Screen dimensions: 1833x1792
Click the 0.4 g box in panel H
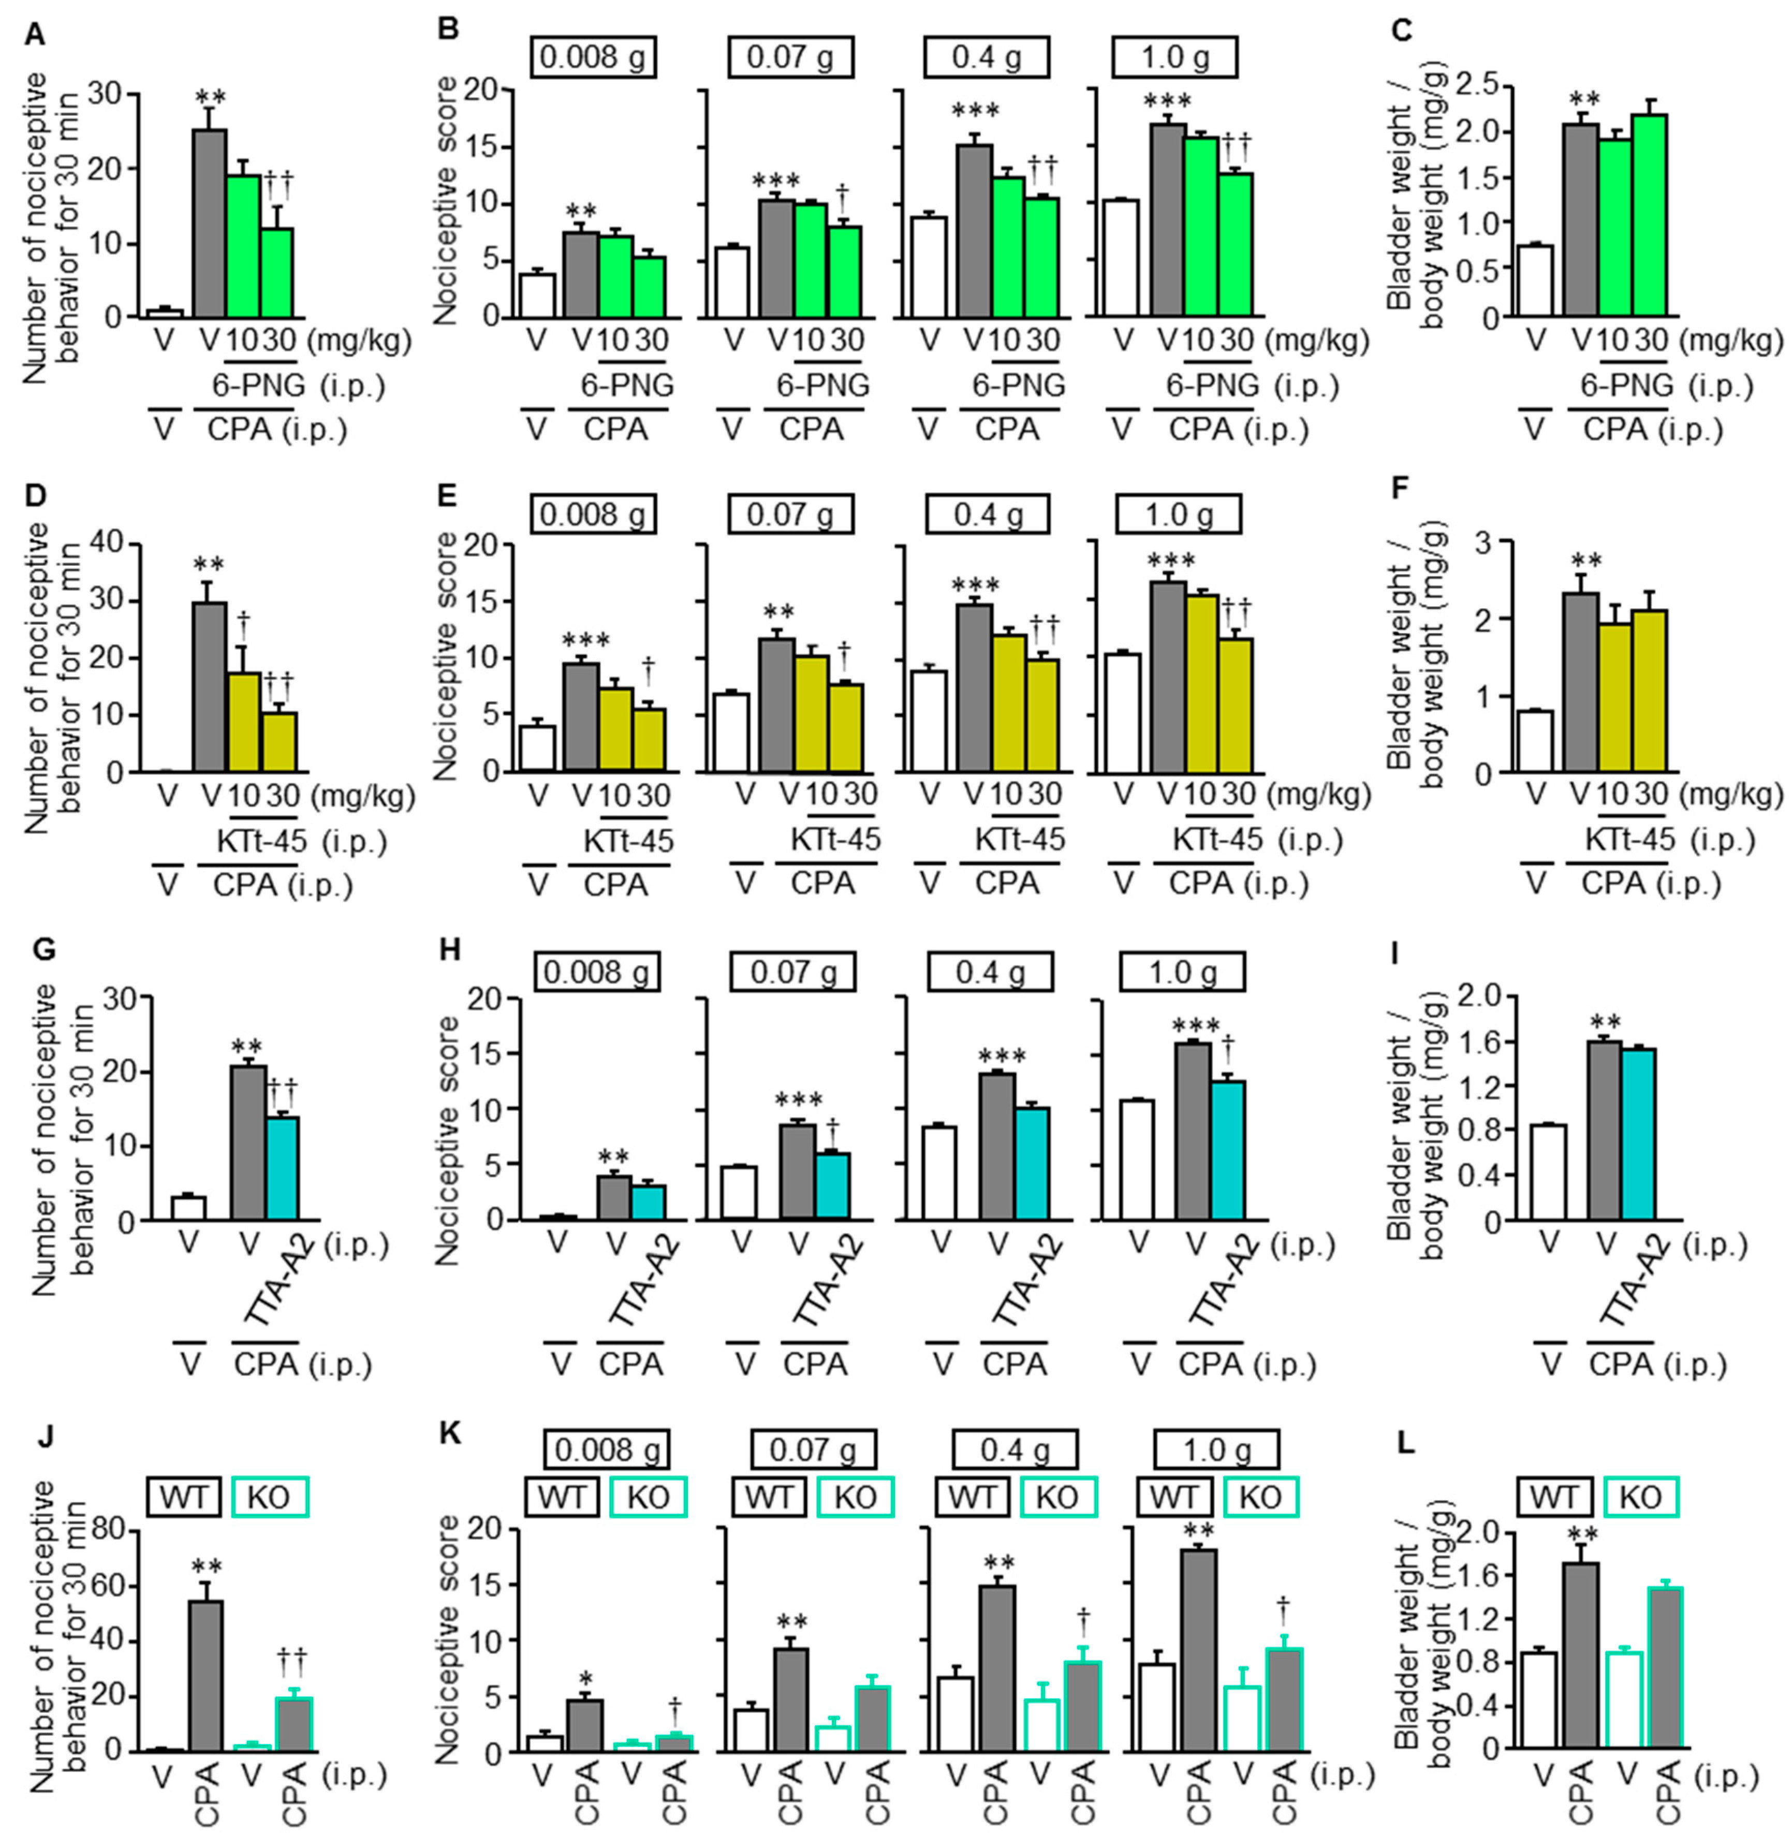(990, 972)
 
